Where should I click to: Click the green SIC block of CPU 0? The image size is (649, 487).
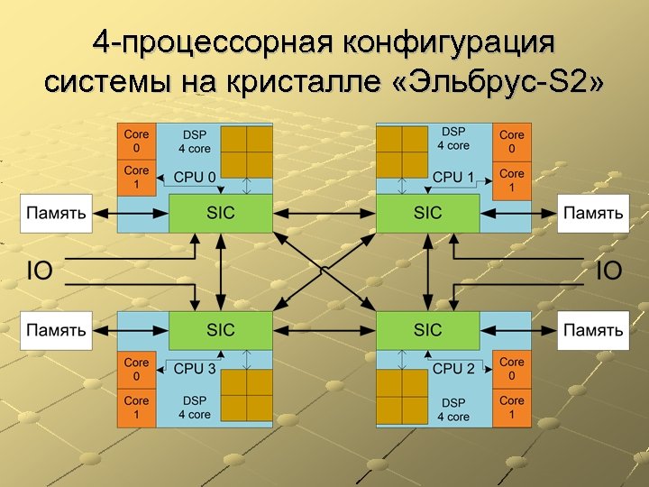(x=221, y=213)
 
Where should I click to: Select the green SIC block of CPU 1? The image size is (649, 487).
(x=428, y=213)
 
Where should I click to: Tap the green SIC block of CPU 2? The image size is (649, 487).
(x=428, y=330)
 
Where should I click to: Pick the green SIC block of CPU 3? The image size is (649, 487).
(x=221, y=330)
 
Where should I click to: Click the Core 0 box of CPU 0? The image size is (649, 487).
(x=136, y=142)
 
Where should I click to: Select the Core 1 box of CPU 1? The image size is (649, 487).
(x=511, y=180)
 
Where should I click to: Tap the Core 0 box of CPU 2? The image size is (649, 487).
(x=511, y=369)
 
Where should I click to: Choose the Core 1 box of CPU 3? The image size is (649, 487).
(x=136, y=408)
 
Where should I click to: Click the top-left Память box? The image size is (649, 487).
(x=56, y=214)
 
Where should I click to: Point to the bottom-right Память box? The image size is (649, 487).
(x=593, y=330)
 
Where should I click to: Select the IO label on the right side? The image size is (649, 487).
(x=609, y=271)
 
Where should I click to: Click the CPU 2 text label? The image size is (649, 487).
(x=453, y=368)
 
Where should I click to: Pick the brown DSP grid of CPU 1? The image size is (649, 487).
(x=402, y=152)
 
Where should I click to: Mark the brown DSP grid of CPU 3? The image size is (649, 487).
(x=247, y=397)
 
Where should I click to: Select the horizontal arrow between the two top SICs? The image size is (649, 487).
(x=324, y=214)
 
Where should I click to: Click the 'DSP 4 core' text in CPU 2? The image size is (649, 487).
(x=453, y=409)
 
